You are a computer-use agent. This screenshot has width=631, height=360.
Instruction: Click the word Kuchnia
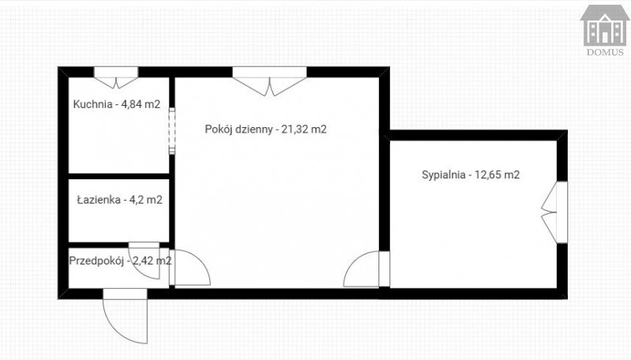coord(92,104)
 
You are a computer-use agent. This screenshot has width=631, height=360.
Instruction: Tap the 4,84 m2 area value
coord(141,104)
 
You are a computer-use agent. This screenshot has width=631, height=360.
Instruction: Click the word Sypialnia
coord(444,175)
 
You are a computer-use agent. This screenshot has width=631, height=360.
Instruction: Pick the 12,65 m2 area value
coord(498,174)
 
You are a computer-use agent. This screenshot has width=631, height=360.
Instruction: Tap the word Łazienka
coord(99,200)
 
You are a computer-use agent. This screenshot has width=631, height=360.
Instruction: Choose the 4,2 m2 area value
coord(145,200)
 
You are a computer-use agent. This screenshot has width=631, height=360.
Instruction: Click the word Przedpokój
coord(96,261)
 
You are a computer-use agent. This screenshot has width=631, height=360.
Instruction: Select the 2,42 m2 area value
coord(152,261)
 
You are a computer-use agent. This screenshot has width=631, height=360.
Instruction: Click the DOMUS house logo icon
coord(605,25)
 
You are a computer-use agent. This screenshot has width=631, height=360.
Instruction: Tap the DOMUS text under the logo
coord(605,52)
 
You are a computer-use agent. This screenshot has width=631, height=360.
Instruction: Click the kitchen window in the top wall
coord(116,77)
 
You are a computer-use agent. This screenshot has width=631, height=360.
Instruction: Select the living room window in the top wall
coord(269,81)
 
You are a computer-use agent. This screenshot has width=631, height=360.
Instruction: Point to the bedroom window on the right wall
coord(554,212)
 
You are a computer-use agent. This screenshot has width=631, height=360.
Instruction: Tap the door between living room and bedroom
coord(366,268)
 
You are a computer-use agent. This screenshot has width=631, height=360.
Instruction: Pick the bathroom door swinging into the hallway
coord(144,261)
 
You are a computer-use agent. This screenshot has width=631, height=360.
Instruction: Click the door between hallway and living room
coord(190,267)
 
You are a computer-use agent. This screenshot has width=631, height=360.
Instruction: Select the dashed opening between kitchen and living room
coord(172,131)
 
